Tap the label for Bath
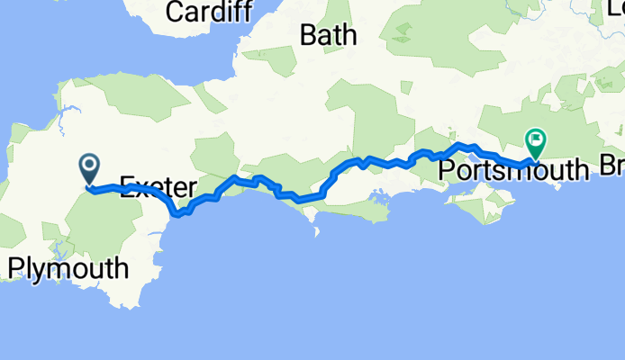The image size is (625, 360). click(328, 36)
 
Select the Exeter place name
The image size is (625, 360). click(157, 187)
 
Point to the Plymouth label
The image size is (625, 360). click(68, 268)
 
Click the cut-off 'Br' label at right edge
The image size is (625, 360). click(611, 168)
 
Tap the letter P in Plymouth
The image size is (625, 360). click(16, 268)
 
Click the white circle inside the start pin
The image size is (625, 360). click(90, 165)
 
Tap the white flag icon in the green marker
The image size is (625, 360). click(537, 139)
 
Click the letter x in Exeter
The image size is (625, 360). click(139, 187)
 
